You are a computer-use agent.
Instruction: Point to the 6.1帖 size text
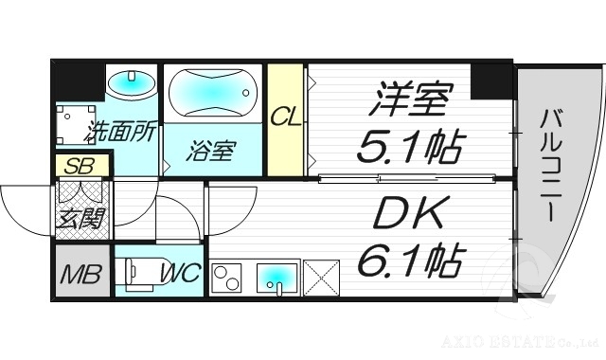tap(409, 261)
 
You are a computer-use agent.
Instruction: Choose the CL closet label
tap(284, 117)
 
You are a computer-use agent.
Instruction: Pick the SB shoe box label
tap(80, 166)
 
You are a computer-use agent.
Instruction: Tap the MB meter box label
tap(80, 276)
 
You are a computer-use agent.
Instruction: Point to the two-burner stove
tap(226, 277)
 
